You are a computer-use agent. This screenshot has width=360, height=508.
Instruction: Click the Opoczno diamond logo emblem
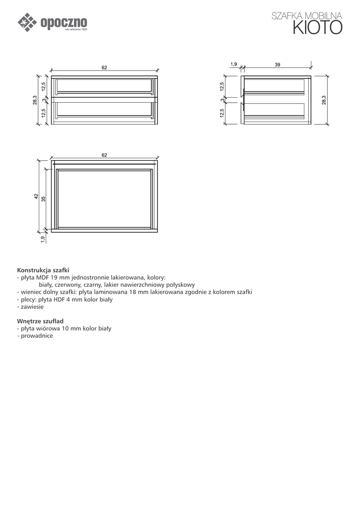coord(27,22)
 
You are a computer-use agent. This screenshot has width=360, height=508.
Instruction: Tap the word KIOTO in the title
coord(317,28)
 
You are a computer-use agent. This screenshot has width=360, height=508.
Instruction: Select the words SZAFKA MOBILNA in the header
coord(307,16)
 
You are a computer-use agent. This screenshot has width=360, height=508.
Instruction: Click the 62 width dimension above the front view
coord(104,67)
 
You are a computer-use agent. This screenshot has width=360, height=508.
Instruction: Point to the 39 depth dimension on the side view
coord(278,64)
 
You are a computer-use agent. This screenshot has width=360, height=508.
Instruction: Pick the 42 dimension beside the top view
coord(36,196)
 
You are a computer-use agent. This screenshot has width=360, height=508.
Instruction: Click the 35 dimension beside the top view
coord(44,198)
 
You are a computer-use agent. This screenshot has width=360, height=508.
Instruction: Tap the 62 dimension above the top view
coord(104,155)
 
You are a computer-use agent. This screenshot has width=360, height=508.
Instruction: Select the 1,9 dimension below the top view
coord(43,239)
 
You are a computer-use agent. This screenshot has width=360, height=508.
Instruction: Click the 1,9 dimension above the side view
coord(234,64)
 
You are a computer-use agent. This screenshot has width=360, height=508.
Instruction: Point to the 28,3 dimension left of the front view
coord(35,100)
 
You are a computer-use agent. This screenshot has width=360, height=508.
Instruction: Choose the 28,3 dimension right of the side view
coord(324,100)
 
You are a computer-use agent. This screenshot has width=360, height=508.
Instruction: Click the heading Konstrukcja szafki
coord(43,270)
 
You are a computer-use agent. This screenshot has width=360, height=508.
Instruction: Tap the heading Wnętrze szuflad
coord(40,321)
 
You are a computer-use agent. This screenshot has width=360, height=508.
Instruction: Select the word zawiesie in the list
coord(32,307)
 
